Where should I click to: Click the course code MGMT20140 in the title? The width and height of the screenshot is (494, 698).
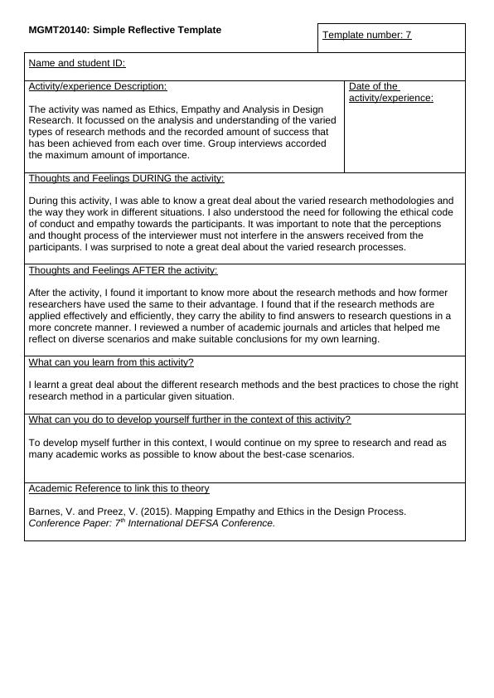click(58, 30)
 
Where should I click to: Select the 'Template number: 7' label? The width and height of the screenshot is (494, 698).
click(366, 35)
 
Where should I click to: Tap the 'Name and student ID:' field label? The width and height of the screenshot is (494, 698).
click(77, 63)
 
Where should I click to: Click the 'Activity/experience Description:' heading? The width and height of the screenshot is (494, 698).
click(98, 86)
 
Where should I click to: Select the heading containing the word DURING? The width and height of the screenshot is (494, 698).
click(126, 178)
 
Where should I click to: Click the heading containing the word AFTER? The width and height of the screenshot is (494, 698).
click(123, 270)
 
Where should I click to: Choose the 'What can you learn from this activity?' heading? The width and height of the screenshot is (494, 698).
click(111, 362)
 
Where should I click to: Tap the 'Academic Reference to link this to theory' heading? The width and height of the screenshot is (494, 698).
click(119, 488)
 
